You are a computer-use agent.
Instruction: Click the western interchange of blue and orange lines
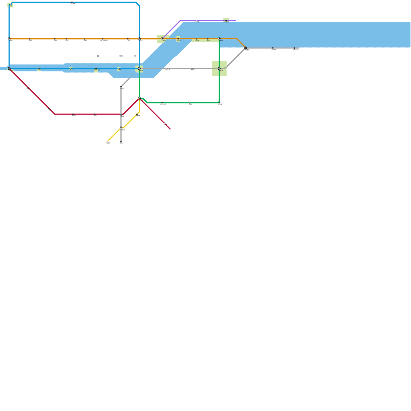point(9,39)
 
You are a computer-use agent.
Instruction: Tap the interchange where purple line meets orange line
point(162,39)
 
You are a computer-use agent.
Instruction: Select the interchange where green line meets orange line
point(219,39)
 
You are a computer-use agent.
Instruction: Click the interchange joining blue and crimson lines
point(9,69)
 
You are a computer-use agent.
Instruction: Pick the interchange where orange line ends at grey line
point(245,48)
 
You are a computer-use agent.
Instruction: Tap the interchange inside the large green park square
point(219,69)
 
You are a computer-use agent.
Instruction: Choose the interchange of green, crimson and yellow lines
point(139,98)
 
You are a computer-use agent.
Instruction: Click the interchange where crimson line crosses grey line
point(121,114)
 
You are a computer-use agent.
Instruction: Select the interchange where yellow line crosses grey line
point(121,128)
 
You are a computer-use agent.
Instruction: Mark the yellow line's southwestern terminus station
point(107,142)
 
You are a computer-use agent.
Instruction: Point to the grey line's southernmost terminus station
point(121,142)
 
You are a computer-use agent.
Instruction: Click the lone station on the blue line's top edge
point(72,3)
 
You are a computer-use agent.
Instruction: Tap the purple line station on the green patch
point(226,21)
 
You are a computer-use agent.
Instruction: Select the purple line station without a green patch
point(196,21)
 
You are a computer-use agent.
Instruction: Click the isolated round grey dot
point(98,56)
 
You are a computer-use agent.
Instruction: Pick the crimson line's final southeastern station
point(164,124)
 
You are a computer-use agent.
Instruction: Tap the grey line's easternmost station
point(294,48)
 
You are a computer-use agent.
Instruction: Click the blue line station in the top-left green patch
point(10,5)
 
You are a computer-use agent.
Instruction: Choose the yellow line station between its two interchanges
point(137,114)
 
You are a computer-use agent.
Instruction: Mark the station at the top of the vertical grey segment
point(121,87)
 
